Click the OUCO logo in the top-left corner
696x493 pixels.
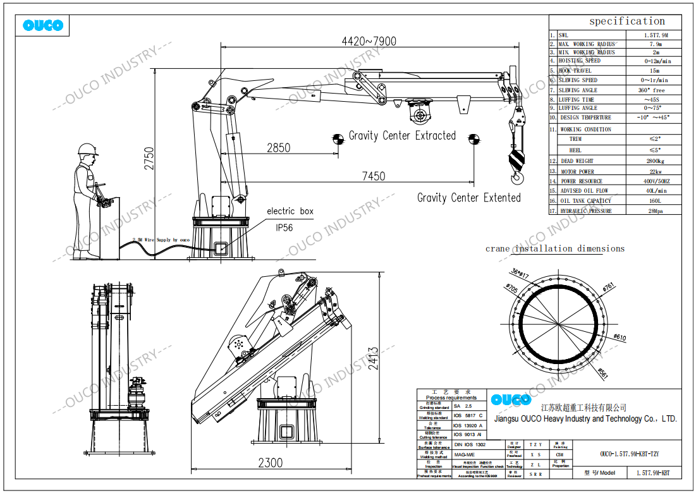[x=42, y=26]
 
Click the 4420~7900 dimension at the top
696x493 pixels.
[x=369, y=41]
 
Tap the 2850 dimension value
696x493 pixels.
[x=278, y=148]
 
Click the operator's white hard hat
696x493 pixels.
[x=88, y=150]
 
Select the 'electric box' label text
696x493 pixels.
[x=290, y=211]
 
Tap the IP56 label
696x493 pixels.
[x=284, y=228]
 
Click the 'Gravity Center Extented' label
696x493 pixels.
[x=468, y=198]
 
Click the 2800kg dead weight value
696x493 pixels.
[x=653, y=161]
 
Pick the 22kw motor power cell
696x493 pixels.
[x=653, y=171]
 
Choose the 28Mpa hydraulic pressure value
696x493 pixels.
[x=653, y=211]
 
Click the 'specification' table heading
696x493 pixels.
[x=626, y=21]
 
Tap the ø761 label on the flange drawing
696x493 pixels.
[x=609, y=286]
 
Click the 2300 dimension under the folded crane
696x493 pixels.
[x=270, y=463]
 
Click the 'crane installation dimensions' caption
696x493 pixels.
[x=554, y=248]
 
